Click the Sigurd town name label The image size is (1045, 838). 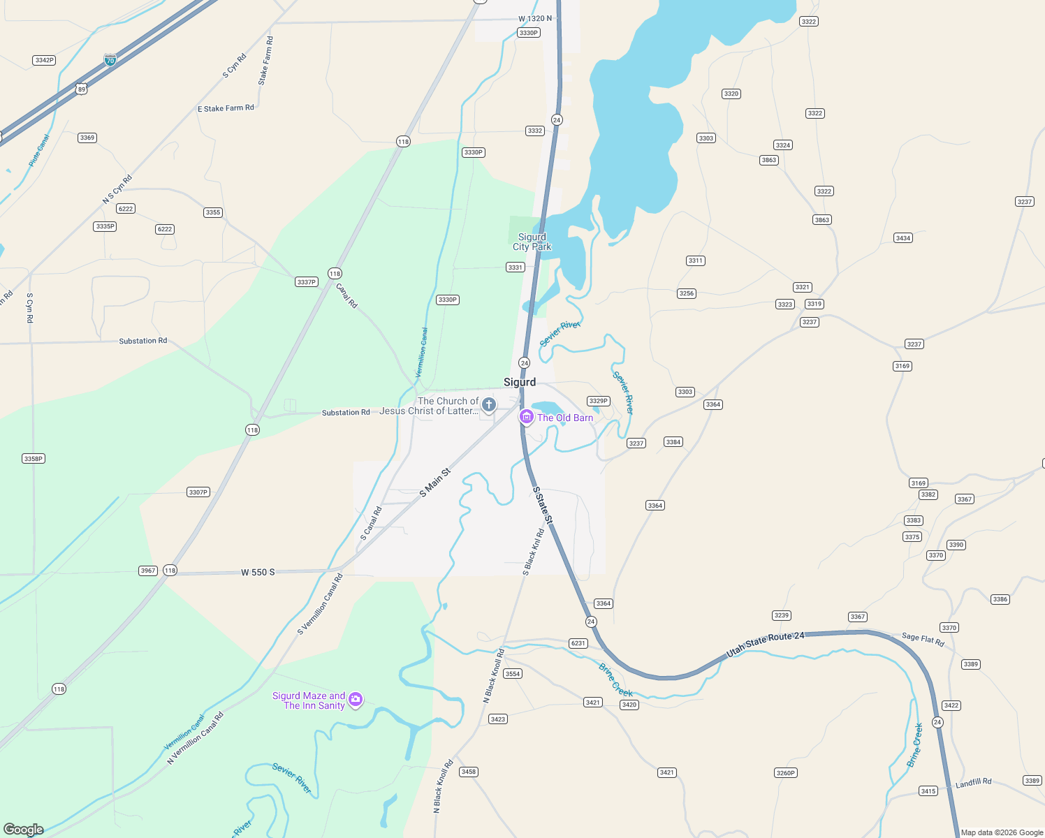(520, 382)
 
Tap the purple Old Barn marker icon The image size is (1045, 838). (526, 417)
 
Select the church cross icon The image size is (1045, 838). (488, 404)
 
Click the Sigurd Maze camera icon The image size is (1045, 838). (356, 699)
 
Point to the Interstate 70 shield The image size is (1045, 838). (110, 60)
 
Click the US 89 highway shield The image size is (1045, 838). (82, 89)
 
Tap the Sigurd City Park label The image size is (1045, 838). (532, 242)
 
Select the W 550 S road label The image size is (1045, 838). (258, 573)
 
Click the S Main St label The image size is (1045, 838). (434, 483)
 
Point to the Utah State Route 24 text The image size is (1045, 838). (765, 644)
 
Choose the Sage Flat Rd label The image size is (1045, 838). (923, 639)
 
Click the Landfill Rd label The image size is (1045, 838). (973, 784)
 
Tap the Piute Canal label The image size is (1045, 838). (39, 151)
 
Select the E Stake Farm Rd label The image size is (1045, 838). (226, 108)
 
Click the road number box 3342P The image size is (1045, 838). (44, 60)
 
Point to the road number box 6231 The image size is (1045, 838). (578, 643)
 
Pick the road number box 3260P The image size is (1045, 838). (786, 772)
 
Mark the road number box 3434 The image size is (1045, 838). (903, 238)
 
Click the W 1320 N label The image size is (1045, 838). (535, 19)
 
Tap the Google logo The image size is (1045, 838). (24, 829)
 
